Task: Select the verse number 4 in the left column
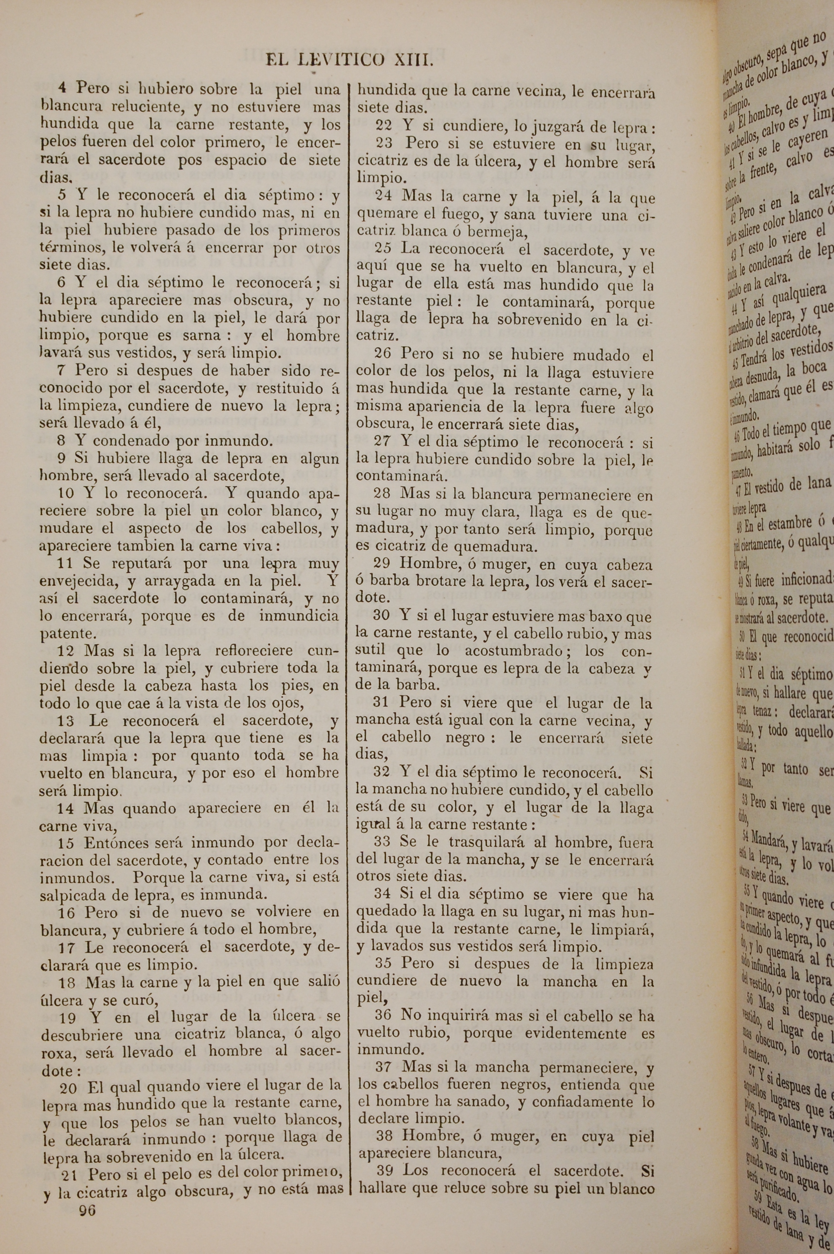tap(62, 88)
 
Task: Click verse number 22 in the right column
tap(384, 126)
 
